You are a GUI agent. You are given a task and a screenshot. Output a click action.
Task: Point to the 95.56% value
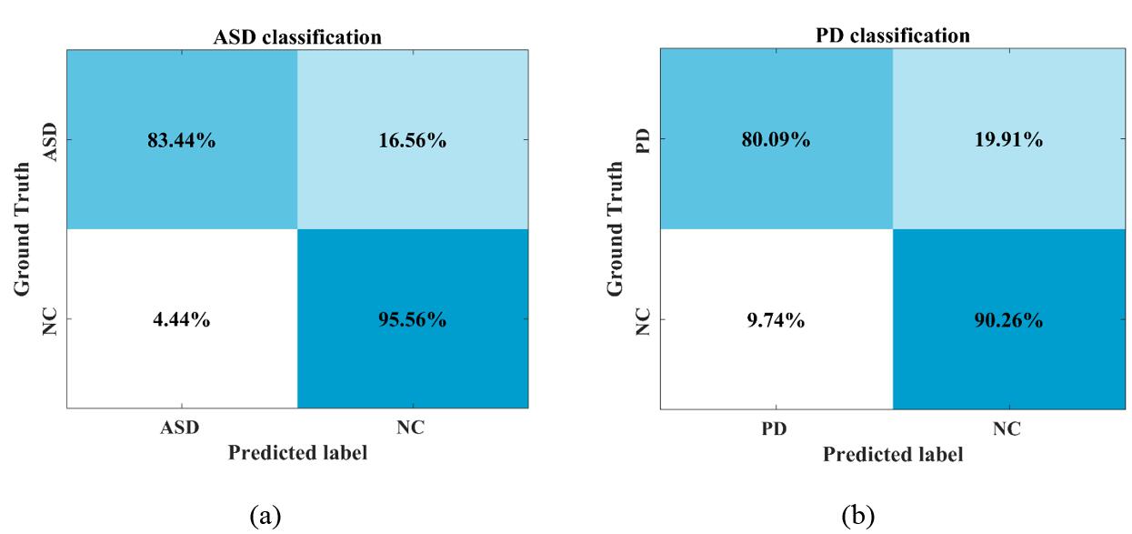(413, 320)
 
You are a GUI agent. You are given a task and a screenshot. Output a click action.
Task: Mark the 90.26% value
(1009, 320)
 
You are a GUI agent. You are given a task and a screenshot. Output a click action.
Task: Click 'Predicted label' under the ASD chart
(297, 453)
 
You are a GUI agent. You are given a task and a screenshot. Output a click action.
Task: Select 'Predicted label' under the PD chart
(893, 453)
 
